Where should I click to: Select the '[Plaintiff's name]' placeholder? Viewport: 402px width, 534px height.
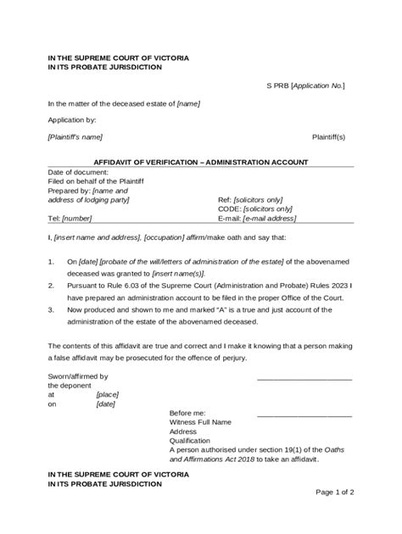pos(75,136)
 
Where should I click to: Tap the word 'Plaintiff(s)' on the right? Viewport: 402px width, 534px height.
pos(329,136)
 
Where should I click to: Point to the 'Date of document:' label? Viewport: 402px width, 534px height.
pos(75,172)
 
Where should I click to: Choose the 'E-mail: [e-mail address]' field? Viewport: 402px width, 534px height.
pos(264,219)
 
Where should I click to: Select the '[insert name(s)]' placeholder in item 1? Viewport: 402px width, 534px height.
pos(202,275)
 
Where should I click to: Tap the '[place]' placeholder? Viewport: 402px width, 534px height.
pos(107,395)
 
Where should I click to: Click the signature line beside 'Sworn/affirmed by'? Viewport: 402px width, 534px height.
pos(303,379)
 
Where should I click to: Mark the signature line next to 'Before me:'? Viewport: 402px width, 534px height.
pos(303,415)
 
